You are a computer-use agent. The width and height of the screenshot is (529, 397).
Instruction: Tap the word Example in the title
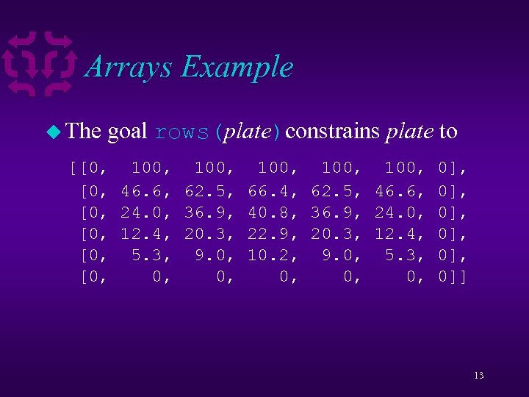click(x=237, y=67)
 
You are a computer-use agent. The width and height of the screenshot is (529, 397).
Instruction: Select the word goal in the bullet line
click(x=128, y=132)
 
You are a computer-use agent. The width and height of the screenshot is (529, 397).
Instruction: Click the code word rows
click(x=181, y=132)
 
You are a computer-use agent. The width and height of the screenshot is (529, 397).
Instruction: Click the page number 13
click(x=478, y=376)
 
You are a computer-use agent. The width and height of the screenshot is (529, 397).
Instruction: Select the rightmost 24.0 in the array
click(x=396, y=212)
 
